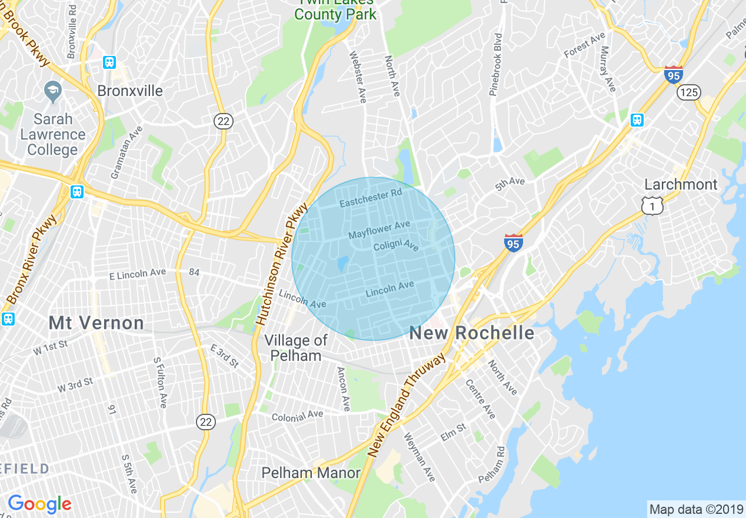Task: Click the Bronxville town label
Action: point(130,91)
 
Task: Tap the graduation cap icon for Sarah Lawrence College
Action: point(54,92)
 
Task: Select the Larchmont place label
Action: point(681,184)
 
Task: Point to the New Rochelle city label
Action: point(472,333)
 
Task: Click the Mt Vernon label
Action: point(96,323)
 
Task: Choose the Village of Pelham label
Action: point(296,348)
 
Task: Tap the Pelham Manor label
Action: point(311,473)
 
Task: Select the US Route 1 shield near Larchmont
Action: point(652,205)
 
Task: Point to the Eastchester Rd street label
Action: point(371,198)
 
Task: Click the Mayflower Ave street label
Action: point(379,230)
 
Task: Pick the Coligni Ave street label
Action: point(396,245)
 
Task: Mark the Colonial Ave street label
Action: point(297,416)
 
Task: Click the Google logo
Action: point(39,504)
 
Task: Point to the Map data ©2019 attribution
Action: point(695,509)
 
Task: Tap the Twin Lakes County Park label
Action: point(336,11)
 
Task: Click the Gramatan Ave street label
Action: point(127,152)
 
